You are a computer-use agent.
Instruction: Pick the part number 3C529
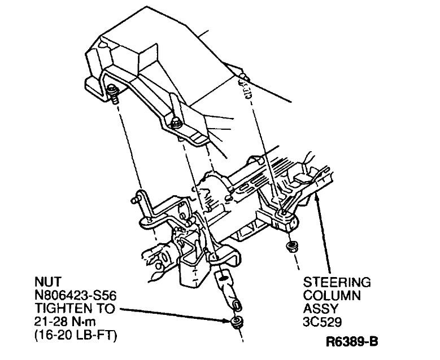(323, 322)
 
